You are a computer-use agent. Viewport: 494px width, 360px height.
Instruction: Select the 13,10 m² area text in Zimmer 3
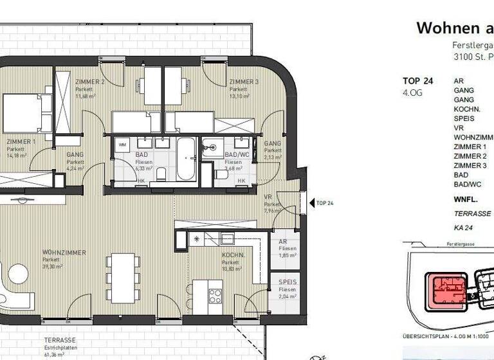pos(239,96)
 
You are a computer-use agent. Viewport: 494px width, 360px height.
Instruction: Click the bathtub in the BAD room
pos(185,157)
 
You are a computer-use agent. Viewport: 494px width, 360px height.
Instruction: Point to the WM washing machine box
pos(123,145)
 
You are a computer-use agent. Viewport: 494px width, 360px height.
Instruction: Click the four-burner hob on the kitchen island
pos(215,296)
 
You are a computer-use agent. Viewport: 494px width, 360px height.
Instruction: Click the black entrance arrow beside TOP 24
pos(311,203)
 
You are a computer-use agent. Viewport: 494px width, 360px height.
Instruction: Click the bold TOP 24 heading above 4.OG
pos(417,81)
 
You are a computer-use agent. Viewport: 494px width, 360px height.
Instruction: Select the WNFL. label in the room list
pos(466,200)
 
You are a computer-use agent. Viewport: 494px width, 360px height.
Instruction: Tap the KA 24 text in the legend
pos(464,228)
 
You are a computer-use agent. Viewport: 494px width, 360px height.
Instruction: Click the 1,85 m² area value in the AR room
pos(288,255)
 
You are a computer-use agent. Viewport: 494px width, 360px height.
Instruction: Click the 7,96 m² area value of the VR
pos(273,210)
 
